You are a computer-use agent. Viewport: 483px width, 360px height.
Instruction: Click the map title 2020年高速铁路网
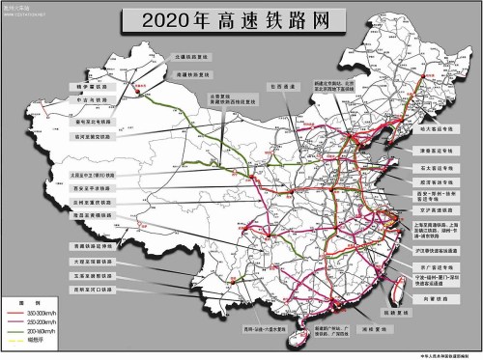point(241,18)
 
